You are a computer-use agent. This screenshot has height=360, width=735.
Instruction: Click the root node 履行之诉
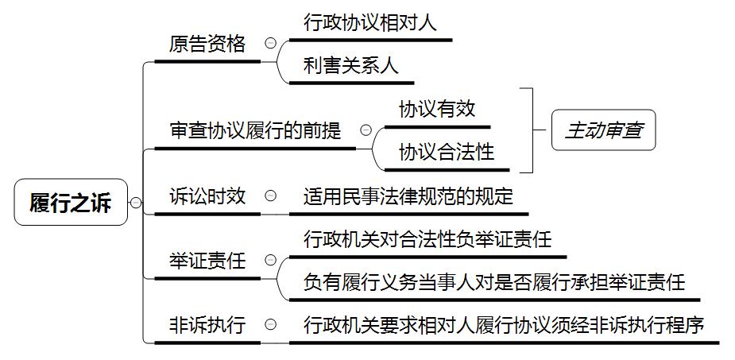[71, 202]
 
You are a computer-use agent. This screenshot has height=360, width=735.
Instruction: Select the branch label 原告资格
[207, 44]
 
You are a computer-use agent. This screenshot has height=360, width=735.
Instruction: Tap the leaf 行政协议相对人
[370, 23]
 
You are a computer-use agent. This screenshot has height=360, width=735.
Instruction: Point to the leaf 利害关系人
[350, 66]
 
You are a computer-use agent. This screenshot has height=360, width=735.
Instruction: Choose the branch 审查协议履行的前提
[255, 131]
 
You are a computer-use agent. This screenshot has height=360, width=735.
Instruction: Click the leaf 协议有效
[436, 109]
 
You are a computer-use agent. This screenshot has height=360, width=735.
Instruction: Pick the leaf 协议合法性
[446, 152]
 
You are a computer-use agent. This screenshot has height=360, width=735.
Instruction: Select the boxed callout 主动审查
[603, 130]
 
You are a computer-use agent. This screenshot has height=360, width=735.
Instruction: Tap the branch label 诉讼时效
[207, 195]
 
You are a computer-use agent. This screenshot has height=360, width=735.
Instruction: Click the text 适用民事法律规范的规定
[408, 196]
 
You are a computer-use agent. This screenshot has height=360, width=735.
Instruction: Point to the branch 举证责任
[207, 260]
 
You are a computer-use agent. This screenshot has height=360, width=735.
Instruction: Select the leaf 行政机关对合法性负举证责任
[427, 239]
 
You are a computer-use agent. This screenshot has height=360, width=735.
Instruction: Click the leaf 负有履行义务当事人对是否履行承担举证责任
[493, 282]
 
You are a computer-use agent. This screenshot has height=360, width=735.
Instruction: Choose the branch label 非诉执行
[207, 324]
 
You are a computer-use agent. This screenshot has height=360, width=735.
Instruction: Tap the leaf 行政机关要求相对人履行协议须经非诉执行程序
[504, 324]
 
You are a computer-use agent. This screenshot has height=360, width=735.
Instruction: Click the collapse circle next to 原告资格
[271, 44]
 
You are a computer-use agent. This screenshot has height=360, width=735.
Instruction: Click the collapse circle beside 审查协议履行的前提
[366, 130]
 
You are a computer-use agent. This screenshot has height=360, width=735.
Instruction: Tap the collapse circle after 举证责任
[271, 260]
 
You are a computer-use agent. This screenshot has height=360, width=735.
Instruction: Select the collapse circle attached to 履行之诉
[136, 203]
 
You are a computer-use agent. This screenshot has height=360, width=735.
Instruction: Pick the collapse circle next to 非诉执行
[271, 324]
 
